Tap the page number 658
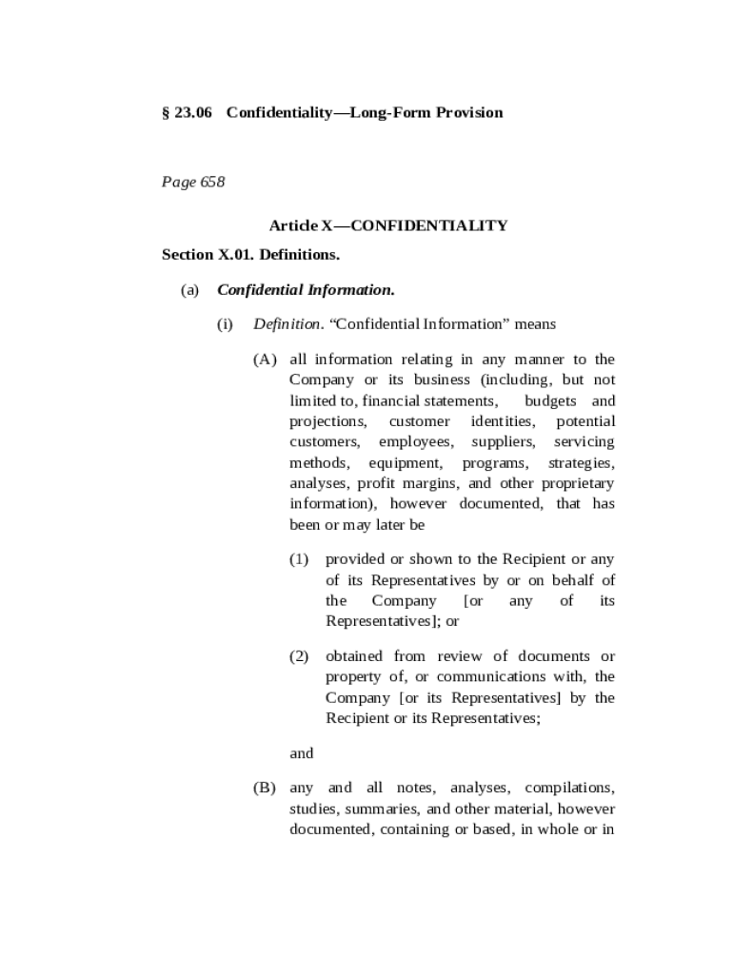[x=212, y=182]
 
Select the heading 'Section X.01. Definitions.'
[x=250, y=255]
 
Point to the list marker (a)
[x=189, y=290]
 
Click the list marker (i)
[x=225, y=324]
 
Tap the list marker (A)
[x=265, y=360]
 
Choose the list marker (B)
[x=265, y=789]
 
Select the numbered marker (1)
[x=300, y=559]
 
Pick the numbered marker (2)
[x=300, y=656]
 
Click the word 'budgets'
[x=550, y=401]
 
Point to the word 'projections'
[x=327, y=422]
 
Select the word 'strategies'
[x=581, y=463]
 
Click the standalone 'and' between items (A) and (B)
[x=301, y=753]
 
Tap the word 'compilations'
[x=569, y=789]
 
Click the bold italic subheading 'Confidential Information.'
[x=306, y=290]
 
